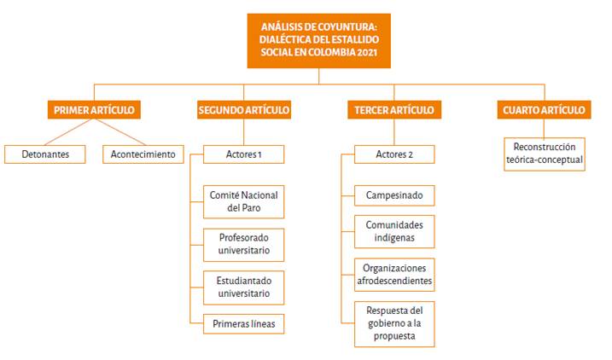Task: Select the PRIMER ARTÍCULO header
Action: [94, 110]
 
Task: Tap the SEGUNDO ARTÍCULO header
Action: [243, 110]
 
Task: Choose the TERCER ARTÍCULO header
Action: [393, 110]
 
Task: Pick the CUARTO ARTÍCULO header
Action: [544, 110]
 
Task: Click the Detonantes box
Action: [47, 154]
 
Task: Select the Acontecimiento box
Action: [143, 154]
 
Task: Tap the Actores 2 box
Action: [393, 154]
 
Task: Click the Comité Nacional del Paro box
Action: [243, 201]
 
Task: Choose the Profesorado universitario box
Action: [243, 245]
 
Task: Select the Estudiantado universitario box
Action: [243, 287]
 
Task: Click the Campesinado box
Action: [393, 195]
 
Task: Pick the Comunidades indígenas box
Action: [393, 231]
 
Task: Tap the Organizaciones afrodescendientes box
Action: [393, 274]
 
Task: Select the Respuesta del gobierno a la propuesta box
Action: [393, 322]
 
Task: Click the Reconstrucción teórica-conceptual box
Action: [544, 153]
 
